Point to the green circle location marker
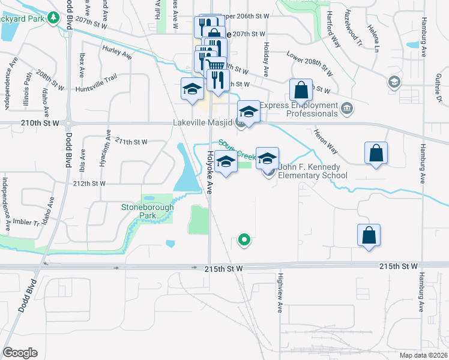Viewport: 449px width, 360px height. pos(244,240)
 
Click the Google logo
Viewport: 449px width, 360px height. pos(20,353)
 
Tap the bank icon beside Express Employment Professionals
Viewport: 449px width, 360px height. pos(347,109)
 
